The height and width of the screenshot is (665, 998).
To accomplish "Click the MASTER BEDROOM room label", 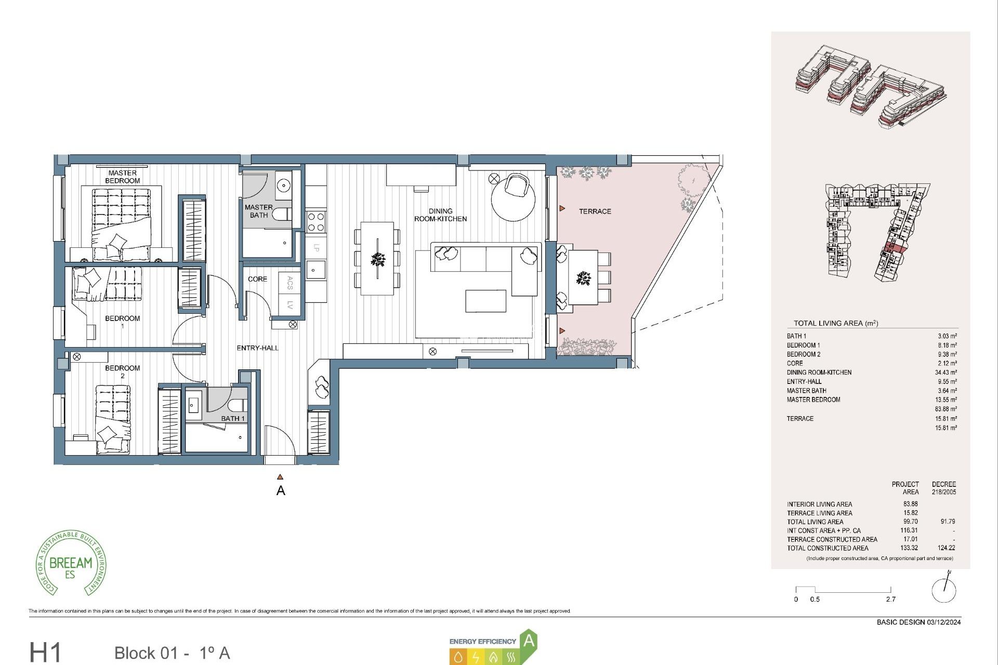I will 122,177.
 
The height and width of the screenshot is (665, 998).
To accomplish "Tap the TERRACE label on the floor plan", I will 595,211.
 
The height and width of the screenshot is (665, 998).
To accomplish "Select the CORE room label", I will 257,279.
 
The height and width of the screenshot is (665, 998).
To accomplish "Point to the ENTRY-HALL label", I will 257,348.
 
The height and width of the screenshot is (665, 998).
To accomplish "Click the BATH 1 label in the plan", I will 232,418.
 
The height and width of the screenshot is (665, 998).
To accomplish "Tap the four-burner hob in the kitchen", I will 316,222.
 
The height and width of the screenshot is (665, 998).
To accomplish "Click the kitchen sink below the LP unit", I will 315,270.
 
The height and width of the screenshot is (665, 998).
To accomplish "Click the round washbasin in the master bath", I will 283,185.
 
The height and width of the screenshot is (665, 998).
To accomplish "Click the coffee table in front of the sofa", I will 485,301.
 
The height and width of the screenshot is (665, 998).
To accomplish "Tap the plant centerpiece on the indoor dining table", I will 378,259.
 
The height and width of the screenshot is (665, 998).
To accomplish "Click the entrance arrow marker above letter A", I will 280,476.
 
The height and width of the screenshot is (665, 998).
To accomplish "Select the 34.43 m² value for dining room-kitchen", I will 946,373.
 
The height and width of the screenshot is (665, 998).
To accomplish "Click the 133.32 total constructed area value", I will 909,548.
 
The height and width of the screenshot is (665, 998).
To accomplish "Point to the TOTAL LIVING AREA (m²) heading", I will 835,323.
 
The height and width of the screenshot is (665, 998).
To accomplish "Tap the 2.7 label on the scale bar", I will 890,599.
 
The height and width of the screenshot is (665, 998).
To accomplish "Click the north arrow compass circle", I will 943,590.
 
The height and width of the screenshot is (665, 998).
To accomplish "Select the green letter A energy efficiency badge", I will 529,641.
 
